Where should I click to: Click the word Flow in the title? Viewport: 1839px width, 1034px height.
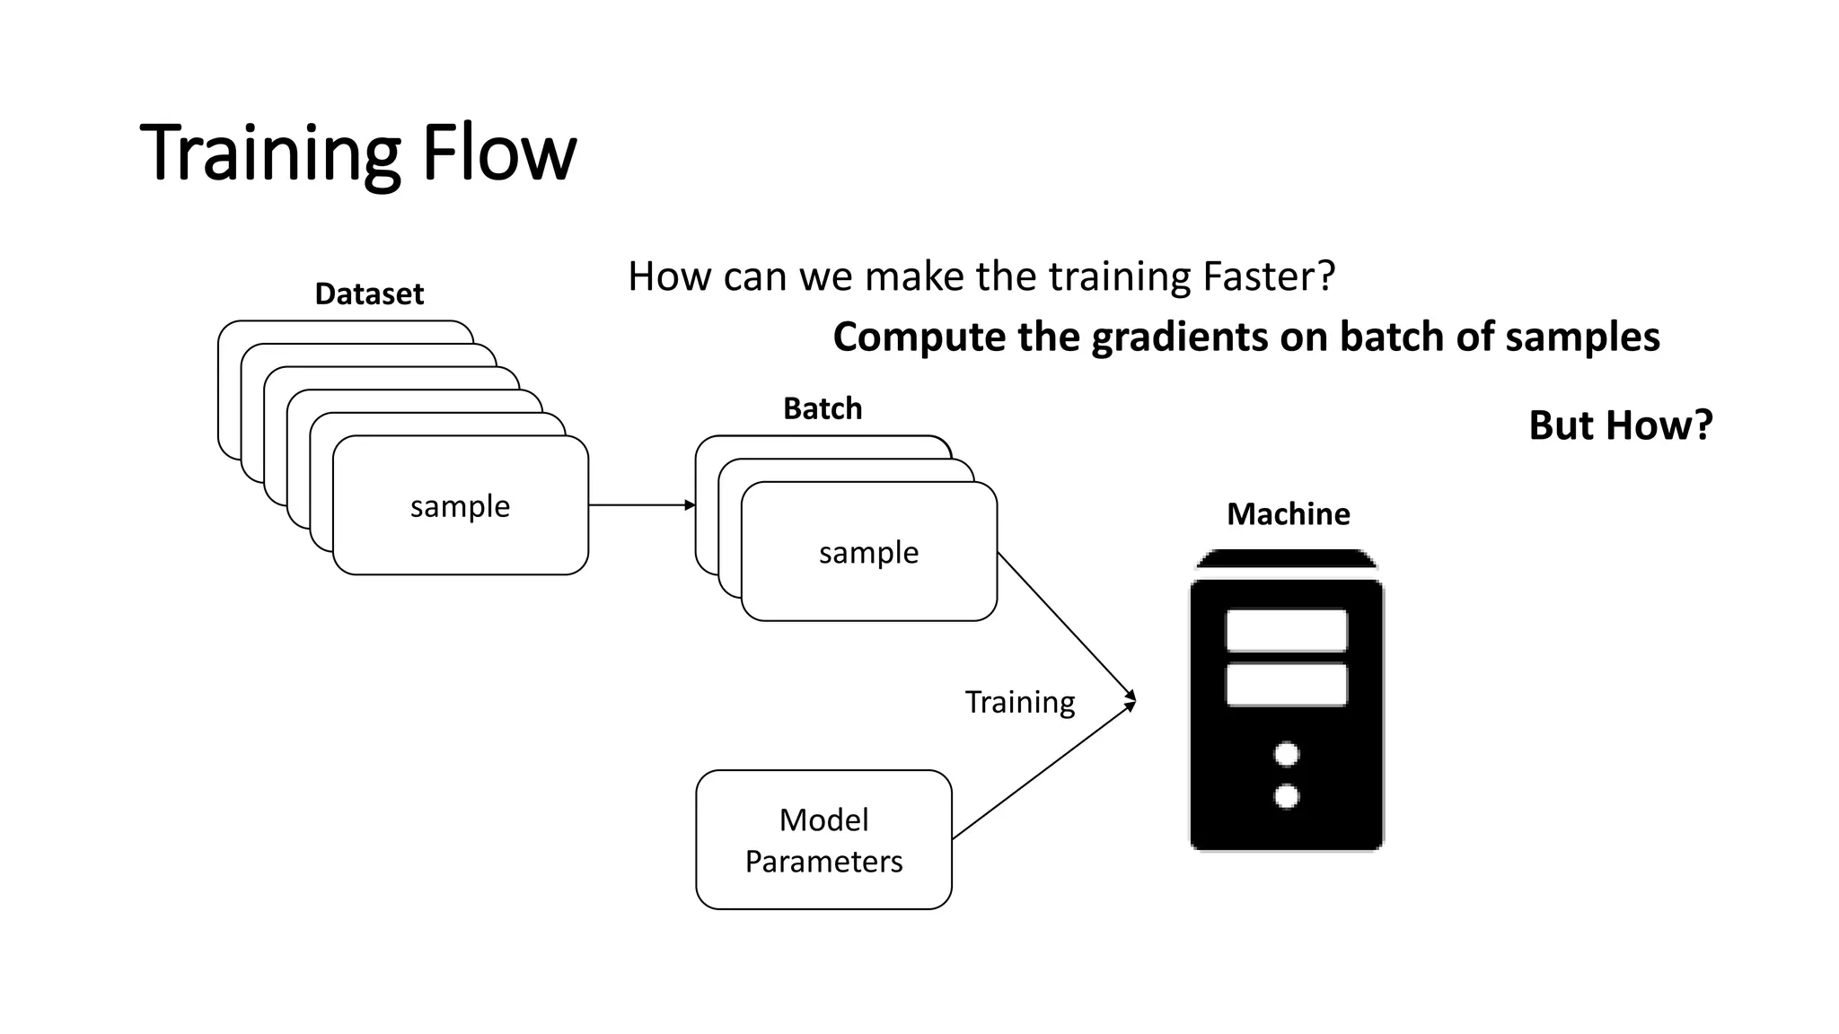(x=498, y=153)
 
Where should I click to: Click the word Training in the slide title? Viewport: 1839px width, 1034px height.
(x=269, y=153)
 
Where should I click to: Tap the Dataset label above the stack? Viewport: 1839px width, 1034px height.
(x=369, y=294)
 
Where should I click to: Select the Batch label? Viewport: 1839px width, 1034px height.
(x=823, y=408)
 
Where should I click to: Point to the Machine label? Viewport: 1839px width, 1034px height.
(x=1288, y=513)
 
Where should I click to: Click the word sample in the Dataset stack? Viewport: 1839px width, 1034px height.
(x=460, y=506)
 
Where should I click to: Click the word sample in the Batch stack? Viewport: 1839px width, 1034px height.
(x=868, y=553)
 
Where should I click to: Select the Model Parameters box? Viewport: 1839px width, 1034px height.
(x=823, y=839)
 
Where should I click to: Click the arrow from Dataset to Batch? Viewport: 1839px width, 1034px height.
(x=641, y=505)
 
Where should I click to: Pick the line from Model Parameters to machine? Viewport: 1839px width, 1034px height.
(x=1042, y=773)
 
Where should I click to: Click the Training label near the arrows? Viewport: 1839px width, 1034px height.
(x=1019, y=702)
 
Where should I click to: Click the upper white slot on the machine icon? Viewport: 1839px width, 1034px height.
(x=1286, y=630)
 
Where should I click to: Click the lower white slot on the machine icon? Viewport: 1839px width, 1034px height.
(x=1286, y=685)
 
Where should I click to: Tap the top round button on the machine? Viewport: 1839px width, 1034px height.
(x=1287, y=754)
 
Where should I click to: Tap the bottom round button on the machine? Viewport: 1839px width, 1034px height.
(x=1287, y=796)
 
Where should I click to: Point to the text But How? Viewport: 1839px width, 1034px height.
(x=1620, y=425)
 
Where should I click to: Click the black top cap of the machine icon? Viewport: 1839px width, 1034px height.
(x=1287, y=559)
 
